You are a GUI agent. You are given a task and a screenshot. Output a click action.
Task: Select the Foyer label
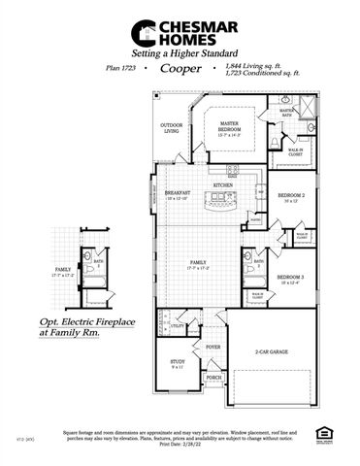coord(213,345)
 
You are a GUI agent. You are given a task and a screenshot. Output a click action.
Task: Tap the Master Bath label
coord(288,113)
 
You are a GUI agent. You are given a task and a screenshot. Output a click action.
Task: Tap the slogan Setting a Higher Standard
coord(180,55)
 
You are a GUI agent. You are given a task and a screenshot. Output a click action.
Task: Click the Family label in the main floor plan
coord(202,263)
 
